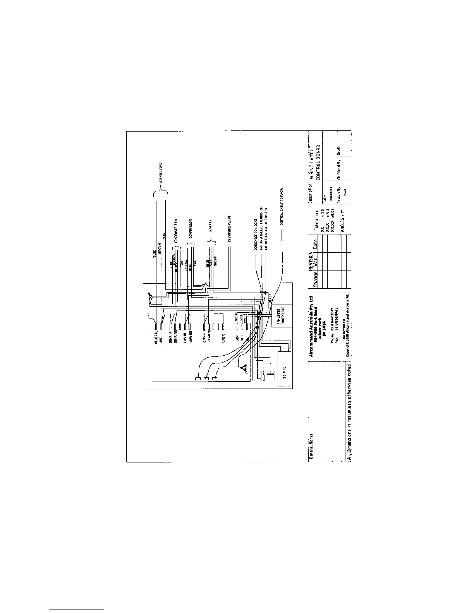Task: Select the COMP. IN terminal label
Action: click(x=171, y=335)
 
